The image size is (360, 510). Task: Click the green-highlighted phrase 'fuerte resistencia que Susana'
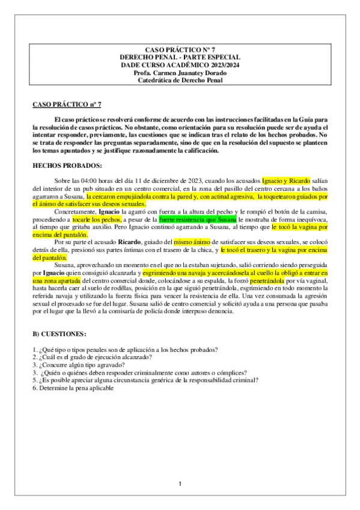coord(194,221)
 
